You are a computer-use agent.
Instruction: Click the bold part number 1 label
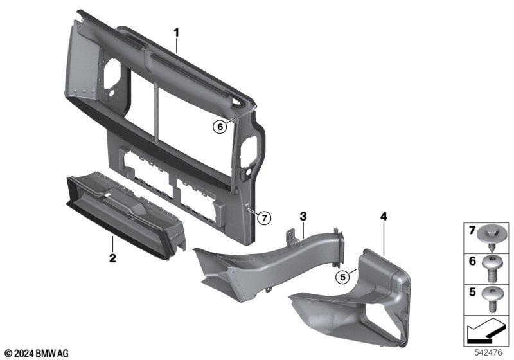point(177,33)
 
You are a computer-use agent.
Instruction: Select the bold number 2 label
point(112,258)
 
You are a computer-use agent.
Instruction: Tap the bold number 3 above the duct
point(303,217)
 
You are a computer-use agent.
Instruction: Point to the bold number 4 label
point(384,217)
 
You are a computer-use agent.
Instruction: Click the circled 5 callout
point(343,277)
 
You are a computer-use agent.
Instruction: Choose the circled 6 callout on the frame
point(220,127)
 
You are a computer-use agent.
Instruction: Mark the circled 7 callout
point(264,218)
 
